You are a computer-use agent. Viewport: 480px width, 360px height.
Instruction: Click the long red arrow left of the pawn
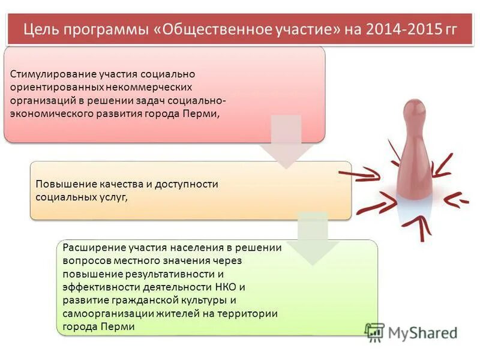[360, 175]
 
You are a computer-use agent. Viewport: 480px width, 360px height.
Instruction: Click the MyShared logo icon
[375, 332]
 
